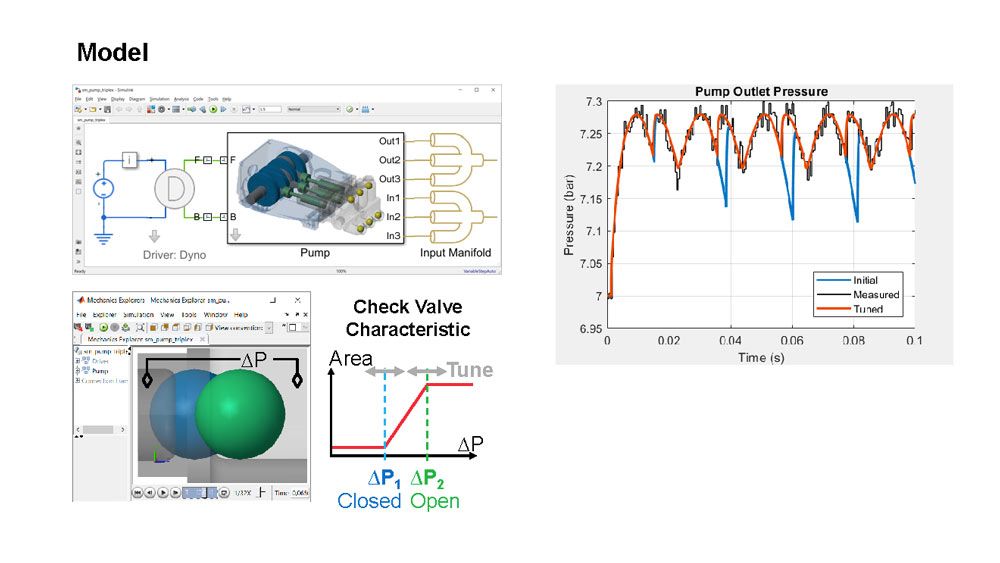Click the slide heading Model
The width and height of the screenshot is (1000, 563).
click(x=113, y=51)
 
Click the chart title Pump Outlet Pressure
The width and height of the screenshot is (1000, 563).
click(x=761, y=92)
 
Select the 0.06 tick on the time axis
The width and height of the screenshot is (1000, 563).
click(x=791, y=340)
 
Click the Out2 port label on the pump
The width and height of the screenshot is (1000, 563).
click(x=389, y=160)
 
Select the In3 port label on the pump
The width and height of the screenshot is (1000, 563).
click(x=393, y=236)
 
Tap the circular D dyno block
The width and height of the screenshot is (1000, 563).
click(x=174, y=187)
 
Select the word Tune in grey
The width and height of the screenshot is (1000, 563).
click(x=469, y=371)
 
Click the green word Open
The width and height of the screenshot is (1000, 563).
click(x=435, y=501)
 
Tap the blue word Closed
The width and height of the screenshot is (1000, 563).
click(x=369, y=501)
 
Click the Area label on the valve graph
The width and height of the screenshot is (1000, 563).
click(x=351, y=359)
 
